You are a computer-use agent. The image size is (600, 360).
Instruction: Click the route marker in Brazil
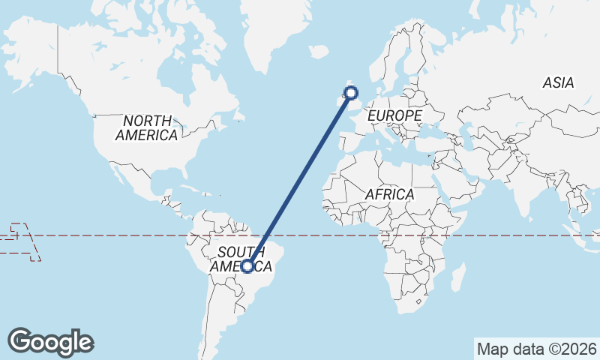pos(247,265)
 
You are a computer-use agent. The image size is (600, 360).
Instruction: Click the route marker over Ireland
pos(349,93)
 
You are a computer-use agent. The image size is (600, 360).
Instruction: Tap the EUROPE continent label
pos(394,115)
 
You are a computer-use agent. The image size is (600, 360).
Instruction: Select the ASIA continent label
pos(558,82)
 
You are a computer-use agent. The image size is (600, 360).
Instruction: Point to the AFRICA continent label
pos(389,194)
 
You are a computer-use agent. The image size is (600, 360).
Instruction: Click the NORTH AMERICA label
pos(147,128)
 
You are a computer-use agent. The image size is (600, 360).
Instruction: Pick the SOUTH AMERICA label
pos(241,259)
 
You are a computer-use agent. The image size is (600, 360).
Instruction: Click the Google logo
pos(51,342)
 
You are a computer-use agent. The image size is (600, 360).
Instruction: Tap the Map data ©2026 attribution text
pos(537,349)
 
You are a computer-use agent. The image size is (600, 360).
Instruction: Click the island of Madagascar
pos(457,277)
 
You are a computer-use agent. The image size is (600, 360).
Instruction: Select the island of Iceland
pos(319,52)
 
